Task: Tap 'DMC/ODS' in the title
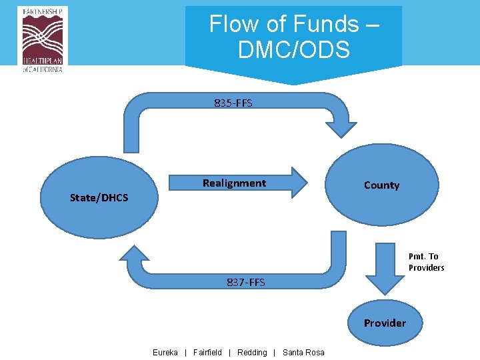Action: click(293, 49)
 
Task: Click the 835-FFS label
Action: click(233, 103)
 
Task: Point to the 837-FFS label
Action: click(245, 282)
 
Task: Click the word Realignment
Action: click(234, 183)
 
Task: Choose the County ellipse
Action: click(382, 185)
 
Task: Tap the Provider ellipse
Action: click(385, 323)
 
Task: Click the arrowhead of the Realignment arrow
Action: click(299, 183)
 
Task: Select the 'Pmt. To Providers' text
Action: click(426, 262)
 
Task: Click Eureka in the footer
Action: click(165, 352)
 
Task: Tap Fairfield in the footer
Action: click(207, 352)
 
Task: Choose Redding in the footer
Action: click(252, 352)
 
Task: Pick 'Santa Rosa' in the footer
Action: click(303, 352)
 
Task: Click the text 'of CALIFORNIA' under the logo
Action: click(42, 69)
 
